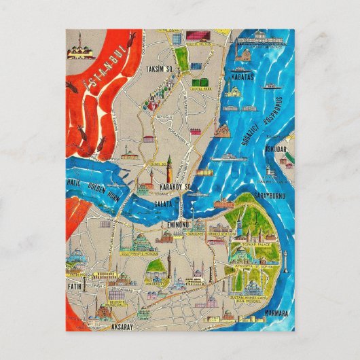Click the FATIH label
pyautogui.click(x=75, y=287)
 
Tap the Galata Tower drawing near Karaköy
pyautogui.click(x=168, y=166)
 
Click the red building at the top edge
pyautogui.click(x=195, y=34)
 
